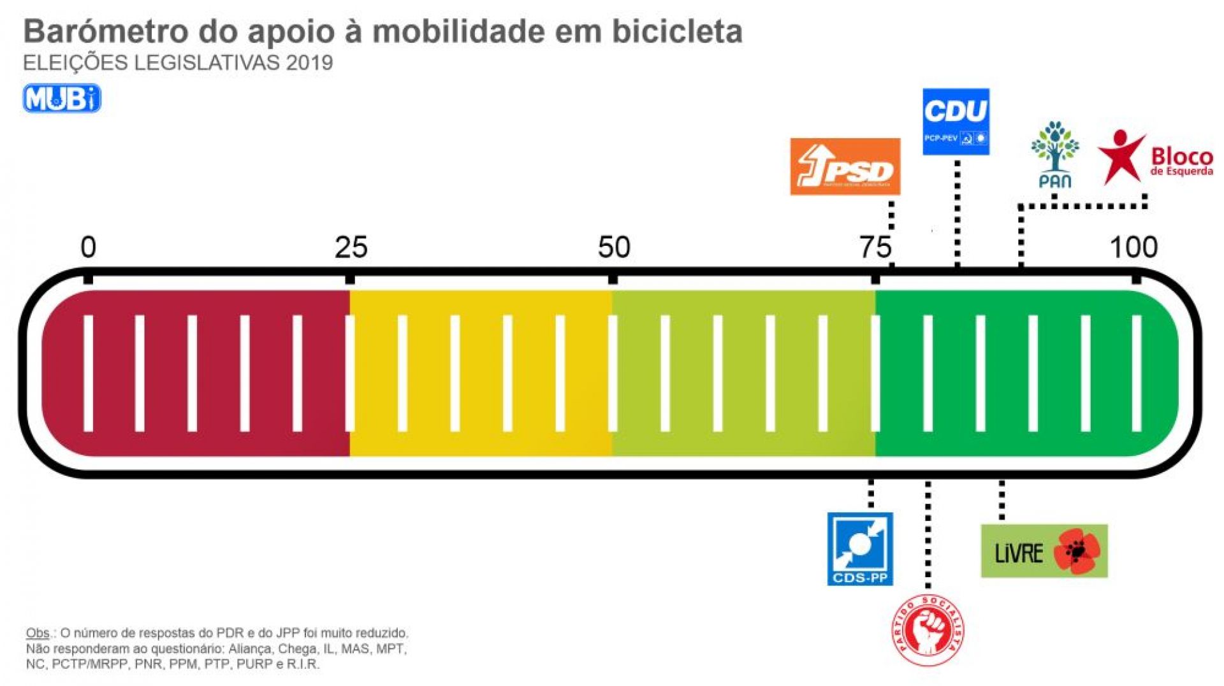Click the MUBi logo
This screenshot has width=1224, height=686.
tap(62, 99)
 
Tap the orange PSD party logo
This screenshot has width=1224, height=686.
tap(845, 166)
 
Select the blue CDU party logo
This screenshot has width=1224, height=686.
tap(956, 121)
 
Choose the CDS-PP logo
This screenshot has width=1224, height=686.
tap(860, 548)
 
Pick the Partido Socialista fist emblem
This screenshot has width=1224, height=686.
tap(928, 631)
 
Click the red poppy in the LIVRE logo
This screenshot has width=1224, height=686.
tap(1077, 551)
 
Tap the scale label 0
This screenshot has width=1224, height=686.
tap(88, 247)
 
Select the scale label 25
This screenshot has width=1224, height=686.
tap(351, 247)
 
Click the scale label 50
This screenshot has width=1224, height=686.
tap(614, 247)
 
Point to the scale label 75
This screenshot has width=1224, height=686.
tap(875, 247)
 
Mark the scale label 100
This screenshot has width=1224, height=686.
tap(1133, 247)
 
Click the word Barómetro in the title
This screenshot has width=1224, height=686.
tap(106, 31)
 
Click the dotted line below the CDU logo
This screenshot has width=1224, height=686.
tap(957, 210)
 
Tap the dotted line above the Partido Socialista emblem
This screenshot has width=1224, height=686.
tap(928, 535)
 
